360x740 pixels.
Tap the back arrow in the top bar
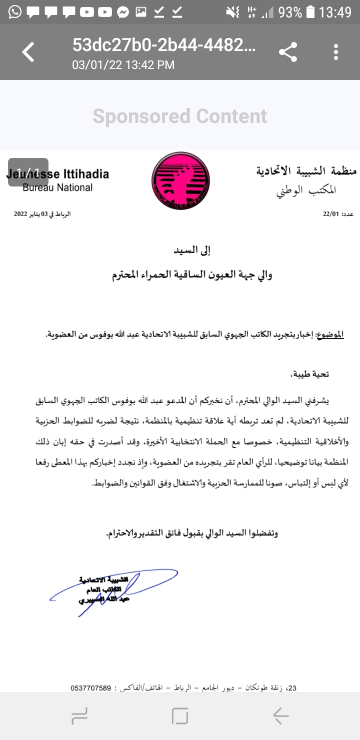[28, 52]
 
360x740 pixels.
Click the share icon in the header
[287, 52]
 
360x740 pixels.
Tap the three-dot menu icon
[336, 52]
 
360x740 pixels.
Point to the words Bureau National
[57, 188]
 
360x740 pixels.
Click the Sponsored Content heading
[180, 116]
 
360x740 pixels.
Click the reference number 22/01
[331, 214]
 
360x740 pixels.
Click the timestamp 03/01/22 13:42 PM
[123, 65]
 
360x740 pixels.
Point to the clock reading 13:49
[335, 12]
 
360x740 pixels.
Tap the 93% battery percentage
[290, 12]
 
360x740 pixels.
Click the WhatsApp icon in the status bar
[15, 12]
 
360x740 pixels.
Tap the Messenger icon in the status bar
[123, 12]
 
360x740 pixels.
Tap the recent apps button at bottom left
[79, 716]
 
